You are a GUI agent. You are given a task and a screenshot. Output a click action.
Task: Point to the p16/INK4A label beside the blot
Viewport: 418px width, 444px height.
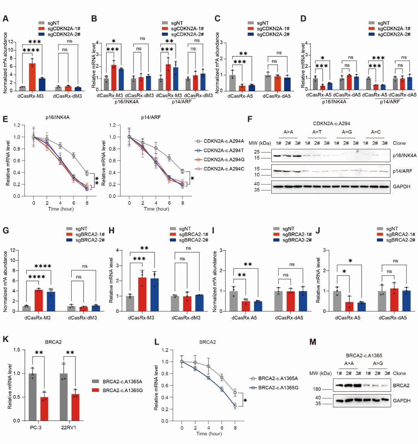pos(404,155)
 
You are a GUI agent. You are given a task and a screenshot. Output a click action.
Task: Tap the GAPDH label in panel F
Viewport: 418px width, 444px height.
pos(401,187)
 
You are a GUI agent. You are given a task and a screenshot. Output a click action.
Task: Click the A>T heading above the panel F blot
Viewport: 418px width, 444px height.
pos(317,132)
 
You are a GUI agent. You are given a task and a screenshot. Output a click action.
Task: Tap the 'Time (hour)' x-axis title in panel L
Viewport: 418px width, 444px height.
pos(209,434)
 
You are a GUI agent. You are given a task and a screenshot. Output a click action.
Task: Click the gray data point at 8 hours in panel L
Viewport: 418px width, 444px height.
pos(235,393)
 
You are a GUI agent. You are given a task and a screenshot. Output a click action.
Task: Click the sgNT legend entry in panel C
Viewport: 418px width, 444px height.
pos(262,23)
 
